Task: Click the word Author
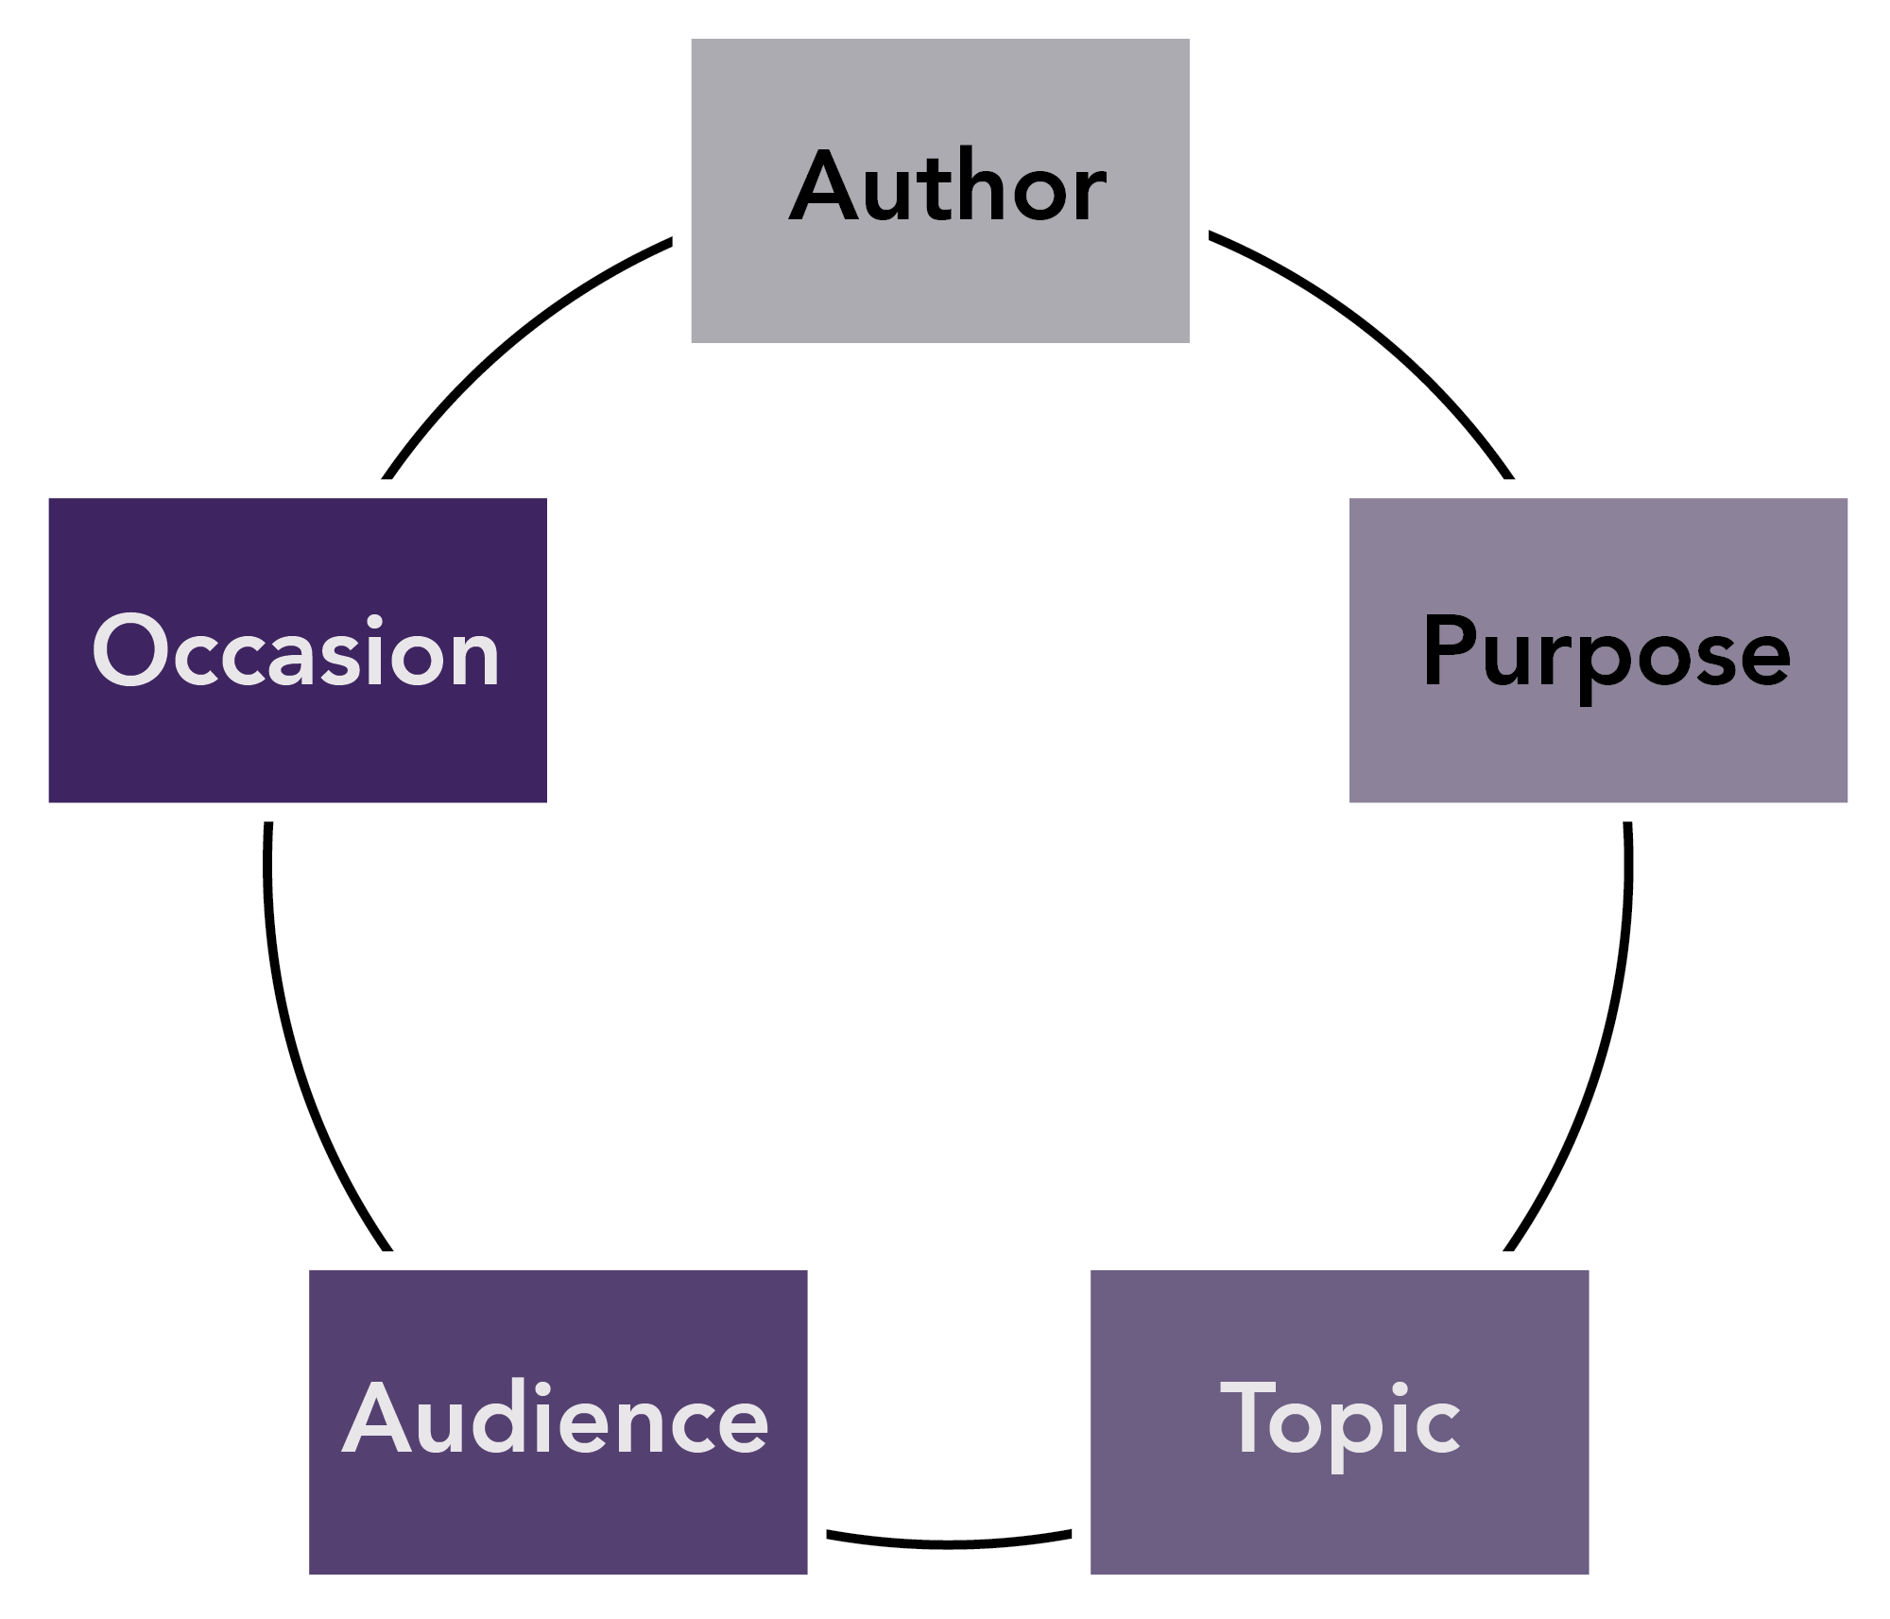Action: tap(948, 187)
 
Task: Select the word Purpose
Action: tap(1606, 652)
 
